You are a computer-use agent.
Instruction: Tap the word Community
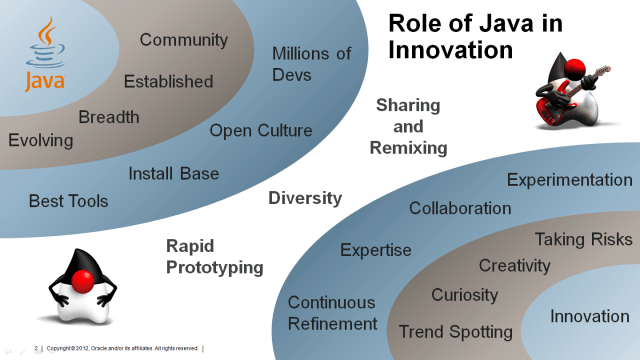coord(184,41)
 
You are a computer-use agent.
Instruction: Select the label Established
coord(168,81)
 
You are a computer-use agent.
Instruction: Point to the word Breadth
coord(109,116)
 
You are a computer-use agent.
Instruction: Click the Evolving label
coord(41,140)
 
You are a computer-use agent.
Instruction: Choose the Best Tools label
coord(68,200)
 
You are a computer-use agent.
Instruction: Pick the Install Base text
coord(174,174)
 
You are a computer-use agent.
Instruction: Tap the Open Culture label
coord(261,130)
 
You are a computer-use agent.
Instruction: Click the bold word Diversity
coord(305,198)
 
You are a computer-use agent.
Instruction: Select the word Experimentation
coord(570,180)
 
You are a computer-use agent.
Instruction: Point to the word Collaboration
coord(460,208)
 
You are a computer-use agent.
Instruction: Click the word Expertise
coord(376,250)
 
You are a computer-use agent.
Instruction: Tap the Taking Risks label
coord(584,239)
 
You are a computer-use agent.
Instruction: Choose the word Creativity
coord(514,265)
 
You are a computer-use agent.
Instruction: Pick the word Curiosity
coord(464,295)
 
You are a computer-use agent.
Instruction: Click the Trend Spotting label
coord(456,331)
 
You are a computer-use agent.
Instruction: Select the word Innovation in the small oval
coord(590,317)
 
